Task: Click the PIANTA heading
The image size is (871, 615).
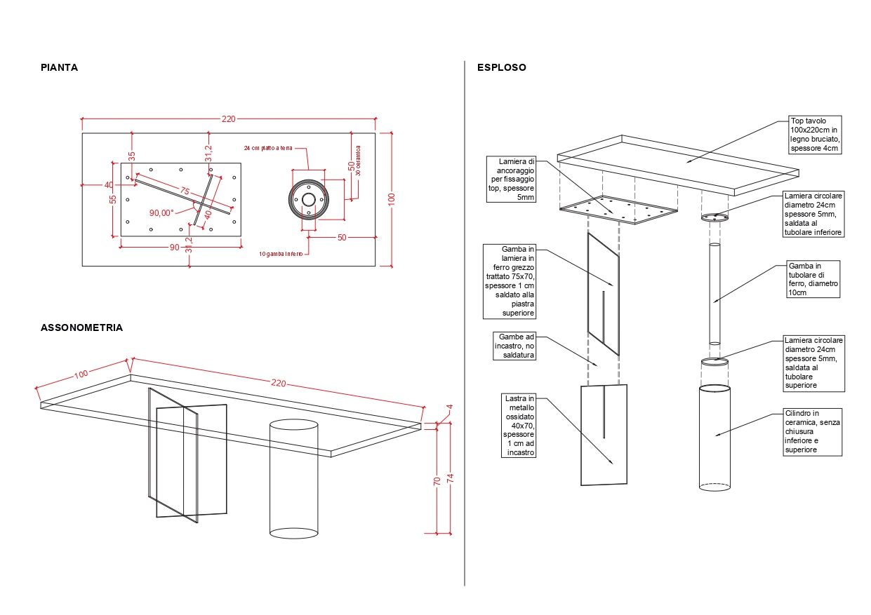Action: pos(59,68)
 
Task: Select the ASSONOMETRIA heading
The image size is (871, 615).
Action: pos(81,327)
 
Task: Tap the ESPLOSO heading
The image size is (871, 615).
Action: pos(501,68)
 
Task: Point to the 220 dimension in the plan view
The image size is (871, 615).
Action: pos(228,119)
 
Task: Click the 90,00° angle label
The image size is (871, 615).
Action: pos(161,213)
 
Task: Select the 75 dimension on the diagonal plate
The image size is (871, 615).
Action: pos(185,191)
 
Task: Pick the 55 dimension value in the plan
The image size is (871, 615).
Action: pos(113,199)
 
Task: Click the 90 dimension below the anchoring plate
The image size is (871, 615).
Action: pos(173,247)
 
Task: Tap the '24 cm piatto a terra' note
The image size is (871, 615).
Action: pos(267,149)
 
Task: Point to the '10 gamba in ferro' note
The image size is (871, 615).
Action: pos(281,254)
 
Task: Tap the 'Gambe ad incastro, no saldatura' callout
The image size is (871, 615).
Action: pos(516,346)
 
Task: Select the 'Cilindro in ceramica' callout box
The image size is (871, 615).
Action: pos(812,431)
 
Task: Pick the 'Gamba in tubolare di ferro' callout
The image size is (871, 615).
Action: pos(812,280)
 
